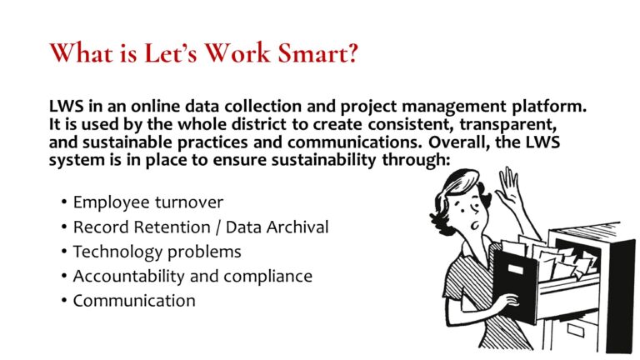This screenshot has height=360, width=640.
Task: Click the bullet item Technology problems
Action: (x=157, y=251)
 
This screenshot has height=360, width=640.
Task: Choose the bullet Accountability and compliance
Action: (x=192, y=276)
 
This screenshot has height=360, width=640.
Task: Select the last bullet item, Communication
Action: (x=134, y=301)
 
